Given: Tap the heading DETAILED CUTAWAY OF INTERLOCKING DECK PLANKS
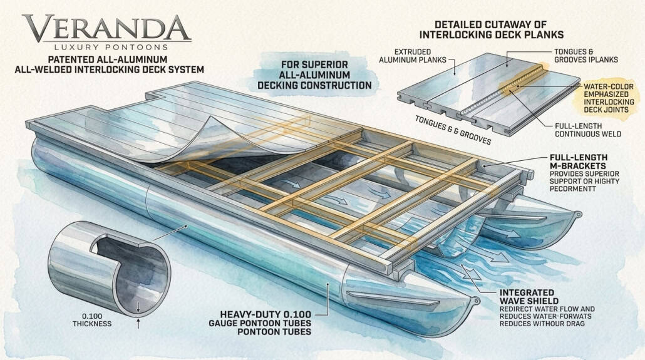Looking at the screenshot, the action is click(x=491, y=29).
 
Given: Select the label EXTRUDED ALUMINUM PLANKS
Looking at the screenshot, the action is click(x=413, y=56).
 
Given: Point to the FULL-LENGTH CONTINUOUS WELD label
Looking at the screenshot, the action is click(x=588, y=130).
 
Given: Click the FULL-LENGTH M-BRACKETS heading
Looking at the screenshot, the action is click(x=579, y=162).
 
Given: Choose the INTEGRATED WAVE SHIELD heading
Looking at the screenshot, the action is click(x=529, y=297).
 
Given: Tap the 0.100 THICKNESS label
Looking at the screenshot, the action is click(x=92, y=320).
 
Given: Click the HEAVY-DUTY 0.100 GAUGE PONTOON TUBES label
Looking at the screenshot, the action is click(x=260, y=322).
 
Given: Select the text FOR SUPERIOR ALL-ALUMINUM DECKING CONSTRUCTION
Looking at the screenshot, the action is click(x=314, y=75).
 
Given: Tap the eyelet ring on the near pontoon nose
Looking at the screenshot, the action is click(x=477, y=301).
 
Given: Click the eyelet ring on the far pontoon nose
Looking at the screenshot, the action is click(x=579, y=214).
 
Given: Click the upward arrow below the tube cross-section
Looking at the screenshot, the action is click(x=138, y=324).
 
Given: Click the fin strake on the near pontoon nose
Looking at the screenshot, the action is click(x=393, y=299).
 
